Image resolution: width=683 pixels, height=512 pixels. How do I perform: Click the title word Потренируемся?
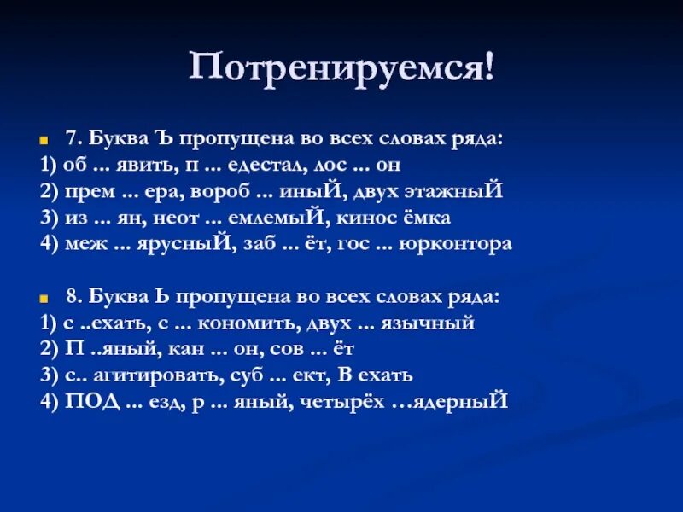coord(341,67)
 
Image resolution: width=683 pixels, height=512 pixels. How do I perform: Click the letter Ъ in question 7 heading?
coord(163,137)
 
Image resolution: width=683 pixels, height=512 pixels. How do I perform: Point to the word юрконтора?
coord(464,243)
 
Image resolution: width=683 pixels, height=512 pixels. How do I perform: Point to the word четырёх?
coord(339,401)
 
